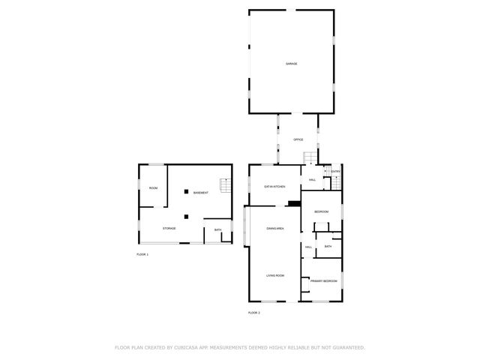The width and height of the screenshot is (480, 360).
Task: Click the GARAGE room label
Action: coord(291,64)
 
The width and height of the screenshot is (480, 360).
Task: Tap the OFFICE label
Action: coord(298,140)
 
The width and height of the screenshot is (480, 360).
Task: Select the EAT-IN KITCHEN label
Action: coord(274,187)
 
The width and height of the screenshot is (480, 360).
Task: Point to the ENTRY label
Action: coord(335,172)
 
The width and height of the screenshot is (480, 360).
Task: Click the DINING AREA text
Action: coord(274,228)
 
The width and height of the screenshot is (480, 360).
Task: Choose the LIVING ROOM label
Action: coord(274,276)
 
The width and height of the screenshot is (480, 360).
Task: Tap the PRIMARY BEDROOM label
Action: coord(324,280)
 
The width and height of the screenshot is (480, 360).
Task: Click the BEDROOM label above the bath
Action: coord(322,211)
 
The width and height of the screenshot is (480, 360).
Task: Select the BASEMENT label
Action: coord(200,193)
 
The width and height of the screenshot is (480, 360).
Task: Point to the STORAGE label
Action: coord(169,228)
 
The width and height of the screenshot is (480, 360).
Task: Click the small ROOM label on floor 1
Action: coord(153,188)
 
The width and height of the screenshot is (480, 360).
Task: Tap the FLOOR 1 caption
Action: coord(142,255)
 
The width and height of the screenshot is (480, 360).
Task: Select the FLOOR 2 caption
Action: coord(253,312)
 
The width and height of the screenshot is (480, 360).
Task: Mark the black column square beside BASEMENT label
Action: coord(184,193)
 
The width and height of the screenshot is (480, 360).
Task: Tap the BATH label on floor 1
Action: coord(217,230)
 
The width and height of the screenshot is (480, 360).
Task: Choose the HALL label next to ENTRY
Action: coord(312,180)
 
